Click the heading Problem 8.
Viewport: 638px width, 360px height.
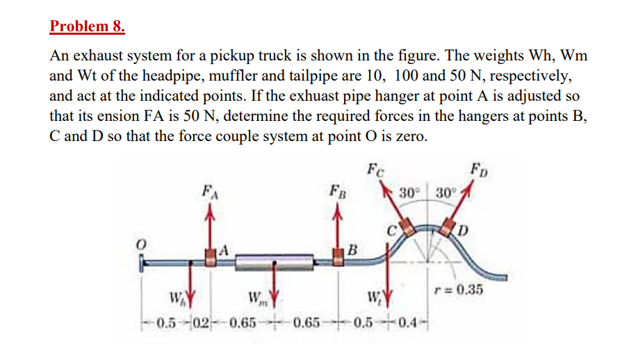pyautogui.click(x=88, y=27)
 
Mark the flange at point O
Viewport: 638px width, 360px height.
pyautogui.click(x=143, y=263)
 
